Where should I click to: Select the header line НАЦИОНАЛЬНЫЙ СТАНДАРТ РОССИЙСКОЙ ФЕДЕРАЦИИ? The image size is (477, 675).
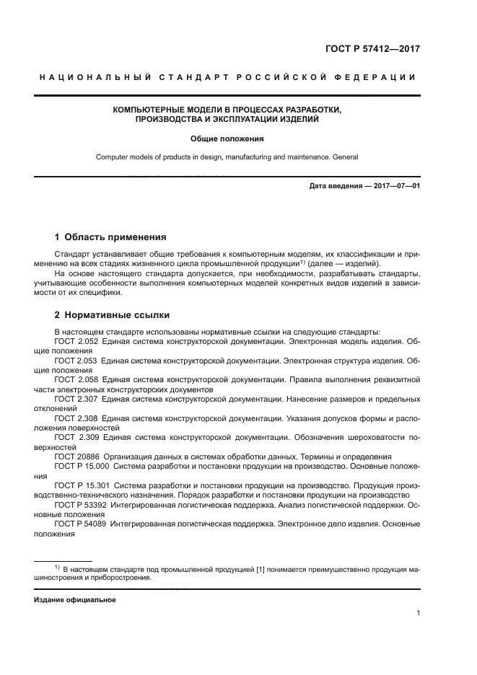click(x=227, y=77)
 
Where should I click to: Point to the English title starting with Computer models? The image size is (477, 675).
click(x=227, y=156)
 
